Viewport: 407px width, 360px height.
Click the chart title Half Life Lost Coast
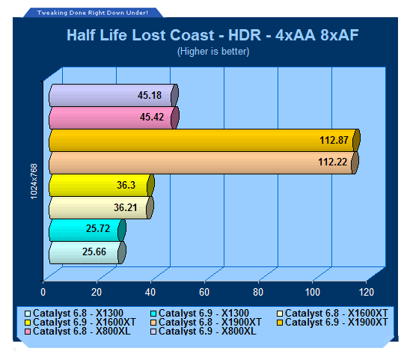[x=141, y=35]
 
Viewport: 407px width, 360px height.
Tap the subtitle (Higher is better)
[x=213, y=52]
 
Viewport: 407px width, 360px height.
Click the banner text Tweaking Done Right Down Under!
[x=93, y=13]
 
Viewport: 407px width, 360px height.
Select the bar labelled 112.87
[x=204, y=140]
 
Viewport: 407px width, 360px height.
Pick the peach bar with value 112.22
[x=203, y=163]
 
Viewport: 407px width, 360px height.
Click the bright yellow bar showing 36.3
[x=102, y=185]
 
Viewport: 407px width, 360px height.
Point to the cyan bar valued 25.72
[x=88, y=231]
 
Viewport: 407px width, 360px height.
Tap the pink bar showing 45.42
[x=114, y=118]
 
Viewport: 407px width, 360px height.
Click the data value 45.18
[x=150, y=95]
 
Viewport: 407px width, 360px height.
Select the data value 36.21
[x=126, y=207]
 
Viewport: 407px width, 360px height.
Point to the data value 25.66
[x=94, y=251]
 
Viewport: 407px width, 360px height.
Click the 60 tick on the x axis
[x=204, y=292]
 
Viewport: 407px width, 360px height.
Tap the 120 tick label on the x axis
[x=367, y=292]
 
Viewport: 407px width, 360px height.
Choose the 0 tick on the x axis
[x=43, y=292]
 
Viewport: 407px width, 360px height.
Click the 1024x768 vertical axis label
[x=34, y=182]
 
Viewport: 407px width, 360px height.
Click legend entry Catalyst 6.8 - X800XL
[x=78, y=331]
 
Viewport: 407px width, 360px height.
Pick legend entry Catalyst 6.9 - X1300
[x=200, y=314]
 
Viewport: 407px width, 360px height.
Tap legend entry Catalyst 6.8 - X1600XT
[x=332, y=314]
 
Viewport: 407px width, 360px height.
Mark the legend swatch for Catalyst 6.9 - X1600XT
[x=28, y=323]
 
